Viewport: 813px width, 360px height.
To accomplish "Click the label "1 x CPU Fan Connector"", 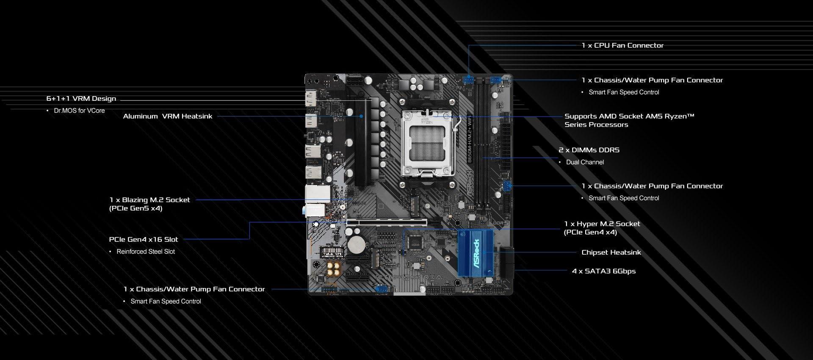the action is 622,45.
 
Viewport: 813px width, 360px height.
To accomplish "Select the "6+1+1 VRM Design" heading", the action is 81,99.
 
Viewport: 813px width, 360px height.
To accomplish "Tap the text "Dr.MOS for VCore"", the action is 79,111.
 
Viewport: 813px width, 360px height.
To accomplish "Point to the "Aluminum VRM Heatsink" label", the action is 168,116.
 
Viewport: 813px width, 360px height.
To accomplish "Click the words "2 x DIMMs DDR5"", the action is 589,150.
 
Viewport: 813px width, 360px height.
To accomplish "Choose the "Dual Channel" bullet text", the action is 585,162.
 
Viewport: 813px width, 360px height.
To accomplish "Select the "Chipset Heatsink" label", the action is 611,252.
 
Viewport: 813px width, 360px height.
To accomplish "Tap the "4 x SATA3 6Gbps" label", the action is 604,271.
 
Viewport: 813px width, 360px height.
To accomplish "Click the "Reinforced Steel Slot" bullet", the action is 146,252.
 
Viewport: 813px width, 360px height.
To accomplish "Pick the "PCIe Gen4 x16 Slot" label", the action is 144,239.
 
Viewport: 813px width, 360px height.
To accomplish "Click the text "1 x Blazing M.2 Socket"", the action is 149,200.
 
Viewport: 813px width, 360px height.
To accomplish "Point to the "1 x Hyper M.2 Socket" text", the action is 602,224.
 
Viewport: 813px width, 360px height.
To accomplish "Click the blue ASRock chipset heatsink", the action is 476,253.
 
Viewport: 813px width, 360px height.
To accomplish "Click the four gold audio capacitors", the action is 334,269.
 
